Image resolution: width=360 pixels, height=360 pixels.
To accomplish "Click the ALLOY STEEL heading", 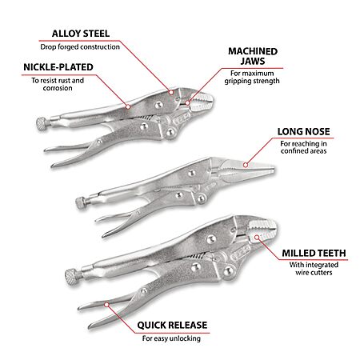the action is tap(81, 34).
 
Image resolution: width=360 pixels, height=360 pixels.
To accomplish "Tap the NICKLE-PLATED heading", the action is tap(58, 67).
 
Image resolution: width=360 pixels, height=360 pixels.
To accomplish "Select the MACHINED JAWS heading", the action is tap(253, 56).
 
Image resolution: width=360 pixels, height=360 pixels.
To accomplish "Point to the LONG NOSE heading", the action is tap(303, 131).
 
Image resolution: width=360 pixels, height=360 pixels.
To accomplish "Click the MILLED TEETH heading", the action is tap(314, 253).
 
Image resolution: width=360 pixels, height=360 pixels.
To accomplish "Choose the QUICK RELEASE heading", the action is tap(172, 325).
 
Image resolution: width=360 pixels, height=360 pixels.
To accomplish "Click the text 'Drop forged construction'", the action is tap(80, 47).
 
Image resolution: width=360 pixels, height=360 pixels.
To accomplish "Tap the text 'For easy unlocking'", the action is tap(171, 338).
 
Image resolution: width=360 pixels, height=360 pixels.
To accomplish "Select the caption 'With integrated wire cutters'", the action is tap(314, 269).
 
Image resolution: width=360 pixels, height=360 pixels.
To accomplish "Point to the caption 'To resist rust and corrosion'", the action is tap(58, 84).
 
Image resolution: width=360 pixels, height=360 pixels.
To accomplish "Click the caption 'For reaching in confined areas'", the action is tap(303, 147).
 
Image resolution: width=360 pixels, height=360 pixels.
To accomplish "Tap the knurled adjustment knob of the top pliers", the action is tap(43, 124).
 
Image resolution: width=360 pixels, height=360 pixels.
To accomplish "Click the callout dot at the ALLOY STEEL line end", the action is tap(171, 92).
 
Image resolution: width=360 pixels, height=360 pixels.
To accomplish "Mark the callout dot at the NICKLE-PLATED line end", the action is tap(128, 106).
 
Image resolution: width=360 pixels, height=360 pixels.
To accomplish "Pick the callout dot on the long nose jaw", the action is tap(246, 165).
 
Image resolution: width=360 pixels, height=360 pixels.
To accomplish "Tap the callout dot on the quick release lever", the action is tap(106, 305).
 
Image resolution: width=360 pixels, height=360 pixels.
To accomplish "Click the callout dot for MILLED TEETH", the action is tap(257, 238).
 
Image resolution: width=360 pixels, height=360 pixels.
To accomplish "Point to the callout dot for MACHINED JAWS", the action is tap(187, 102).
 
